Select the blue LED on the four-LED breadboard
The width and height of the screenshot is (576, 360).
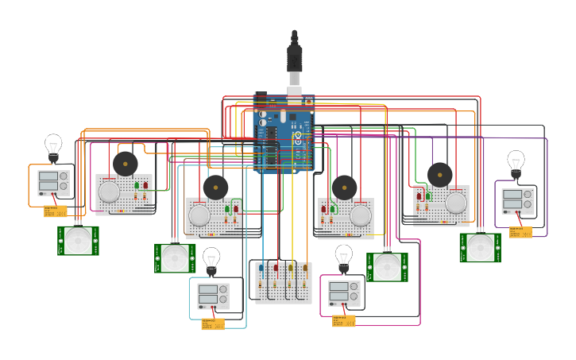261,269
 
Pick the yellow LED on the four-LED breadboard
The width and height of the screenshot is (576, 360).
291,269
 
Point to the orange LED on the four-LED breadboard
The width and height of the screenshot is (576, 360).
305,269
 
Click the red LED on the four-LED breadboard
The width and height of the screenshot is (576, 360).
276,269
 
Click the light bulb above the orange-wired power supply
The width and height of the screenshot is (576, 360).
53,147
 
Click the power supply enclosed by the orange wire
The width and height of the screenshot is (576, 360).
53,183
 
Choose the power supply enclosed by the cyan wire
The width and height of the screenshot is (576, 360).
213,296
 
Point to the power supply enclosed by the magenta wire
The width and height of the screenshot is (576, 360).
344,294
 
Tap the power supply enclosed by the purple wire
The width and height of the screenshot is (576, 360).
517,199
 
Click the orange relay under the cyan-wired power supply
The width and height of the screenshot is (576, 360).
213,323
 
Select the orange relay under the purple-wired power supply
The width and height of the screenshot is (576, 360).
520,232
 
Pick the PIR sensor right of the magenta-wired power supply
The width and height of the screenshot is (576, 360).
387,267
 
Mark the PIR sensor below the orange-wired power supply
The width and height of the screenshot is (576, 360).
78,241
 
